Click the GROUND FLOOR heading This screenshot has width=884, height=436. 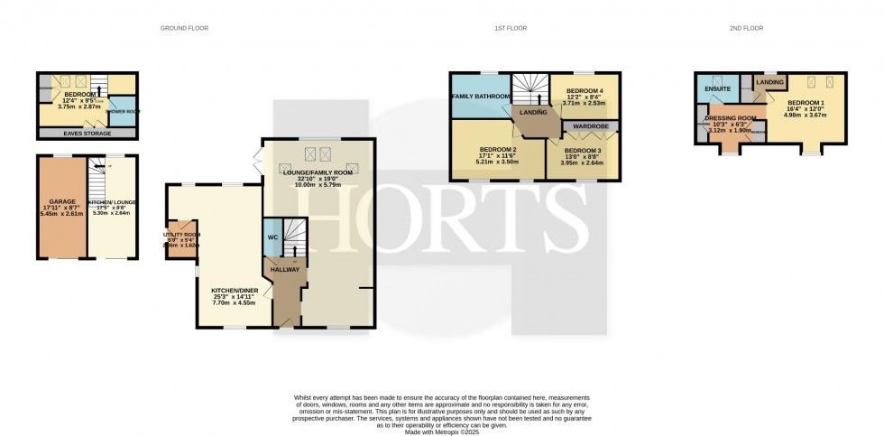click(184, 29)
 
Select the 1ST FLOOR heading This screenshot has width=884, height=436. click(511, 29)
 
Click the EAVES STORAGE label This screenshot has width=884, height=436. click(87, 134)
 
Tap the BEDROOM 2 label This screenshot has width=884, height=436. click(498, 149)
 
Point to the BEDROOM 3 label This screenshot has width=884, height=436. click(583, 151)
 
